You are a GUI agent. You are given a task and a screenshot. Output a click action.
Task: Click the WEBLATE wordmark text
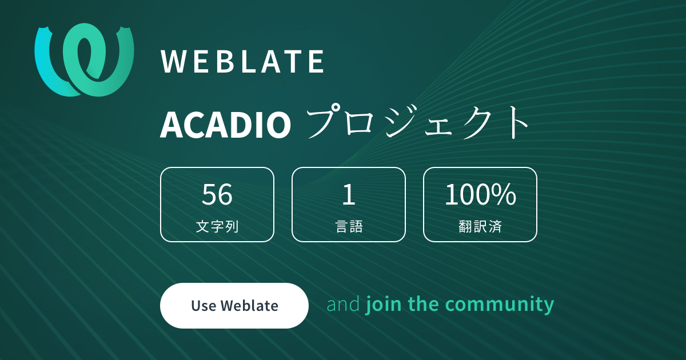coord(242,62)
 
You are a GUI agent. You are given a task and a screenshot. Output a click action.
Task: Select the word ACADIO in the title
coord(225,125)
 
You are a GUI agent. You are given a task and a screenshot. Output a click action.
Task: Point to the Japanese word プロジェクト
coord(418,122)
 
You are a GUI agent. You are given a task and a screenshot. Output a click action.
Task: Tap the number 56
coord(217,194)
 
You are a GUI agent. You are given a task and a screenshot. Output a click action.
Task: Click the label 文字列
coord(217,226)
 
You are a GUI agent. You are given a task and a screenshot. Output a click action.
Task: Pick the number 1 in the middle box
coord(349,194)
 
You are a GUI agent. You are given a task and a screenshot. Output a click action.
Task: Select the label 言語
coord(349,226)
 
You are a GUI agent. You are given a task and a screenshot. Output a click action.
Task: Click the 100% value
coord(480,194)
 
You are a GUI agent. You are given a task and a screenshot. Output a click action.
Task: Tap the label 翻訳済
coord(480,226)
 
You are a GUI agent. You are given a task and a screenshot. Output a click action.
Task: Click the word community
coord(500,305)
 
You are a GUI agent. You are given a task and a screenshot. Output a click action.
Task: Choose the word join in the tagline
coord(384,304)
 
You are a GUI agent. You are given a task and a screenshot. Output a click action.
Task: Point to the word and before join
coord(343,304)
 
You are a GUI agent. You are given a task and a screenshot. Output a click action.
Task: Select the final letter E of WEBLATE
coord(316,62)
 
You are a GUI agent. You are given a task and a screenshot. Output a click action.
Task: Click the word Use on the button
coord(204,306)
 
